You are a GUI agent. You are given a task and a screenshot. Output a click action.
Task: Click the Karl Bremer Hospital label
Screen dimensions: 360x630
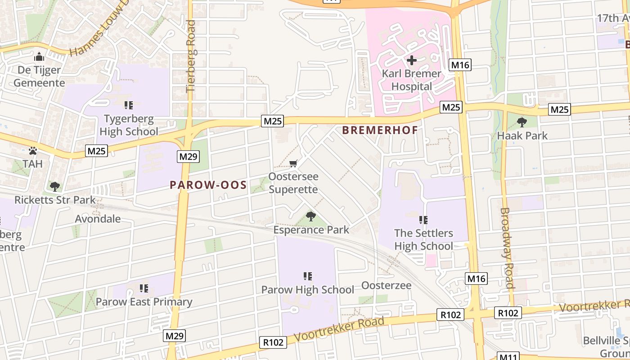click(x=411, y=80)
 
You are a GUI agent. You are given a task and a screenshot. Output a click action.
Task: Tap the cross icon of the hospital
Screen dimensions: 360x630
click(x=411, y=60)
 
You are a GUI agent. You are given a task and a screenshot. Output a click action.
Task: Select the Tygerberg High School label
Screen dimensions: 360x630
click(x=129, y=125)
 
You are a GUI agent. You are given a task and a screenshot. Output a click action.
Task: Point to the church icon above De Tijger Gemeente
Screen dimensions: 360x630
click(x=39, y=57)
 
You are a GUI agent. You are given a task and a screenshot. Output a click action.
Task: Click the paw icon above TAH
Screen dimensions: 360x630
click(x=33, y=151)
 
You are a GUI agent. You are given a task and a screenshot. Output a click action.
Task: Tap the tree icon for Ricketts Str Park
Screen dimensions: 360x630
click(x=55, y=186)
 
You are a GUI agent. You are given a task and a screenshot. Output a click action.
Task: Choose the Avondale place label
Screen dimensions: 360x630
click(x=98, y=219)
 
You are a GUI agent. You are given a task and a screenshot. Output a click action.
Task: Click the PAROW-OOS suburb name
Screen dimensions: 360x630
click(x=208, y=185)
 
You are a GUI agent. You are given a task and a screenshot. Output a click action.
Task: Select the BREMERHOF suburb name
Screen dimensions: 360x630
click(x=380, y=130)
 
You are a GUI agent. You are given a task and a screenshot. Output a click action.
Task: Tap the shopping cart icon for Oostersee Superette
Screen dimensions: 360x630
click(x=293, y=163)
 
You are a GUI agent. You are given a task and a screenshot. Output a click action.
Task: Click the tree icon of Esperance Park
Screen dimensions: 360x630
click(x=310, y=216)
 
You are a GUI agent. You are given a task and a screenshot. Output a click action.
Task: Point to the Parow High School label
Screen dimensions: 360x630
click(x=308, y=289)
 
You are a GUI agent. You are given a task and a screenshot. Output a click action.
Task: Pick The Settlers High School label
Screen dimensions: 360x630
click(x=423, y=239)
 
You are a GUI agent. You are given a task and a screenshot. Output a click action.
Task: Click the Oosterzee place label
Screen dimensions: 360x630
click(x=386, y=285)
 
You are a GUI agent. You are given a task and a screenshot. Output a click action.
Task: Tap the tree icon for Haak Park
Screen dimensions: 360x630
click(x=522, y=122)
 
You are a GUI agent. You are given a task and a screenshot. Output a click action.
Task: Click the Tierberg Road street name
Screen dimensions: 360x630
click(x=191, y=56)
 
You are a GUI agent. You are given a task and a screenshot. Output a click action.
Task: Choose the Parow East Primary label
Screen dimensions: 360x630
click(x=144, y=301)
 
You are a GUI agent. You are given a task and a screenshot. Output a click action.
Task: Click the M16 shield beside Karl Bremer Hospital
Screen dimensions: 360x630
click(x=460, y=65)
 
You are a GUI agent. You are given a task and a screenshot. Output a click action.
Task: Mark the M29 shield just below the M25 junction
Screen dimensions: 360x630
click(x=188, y=157)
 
